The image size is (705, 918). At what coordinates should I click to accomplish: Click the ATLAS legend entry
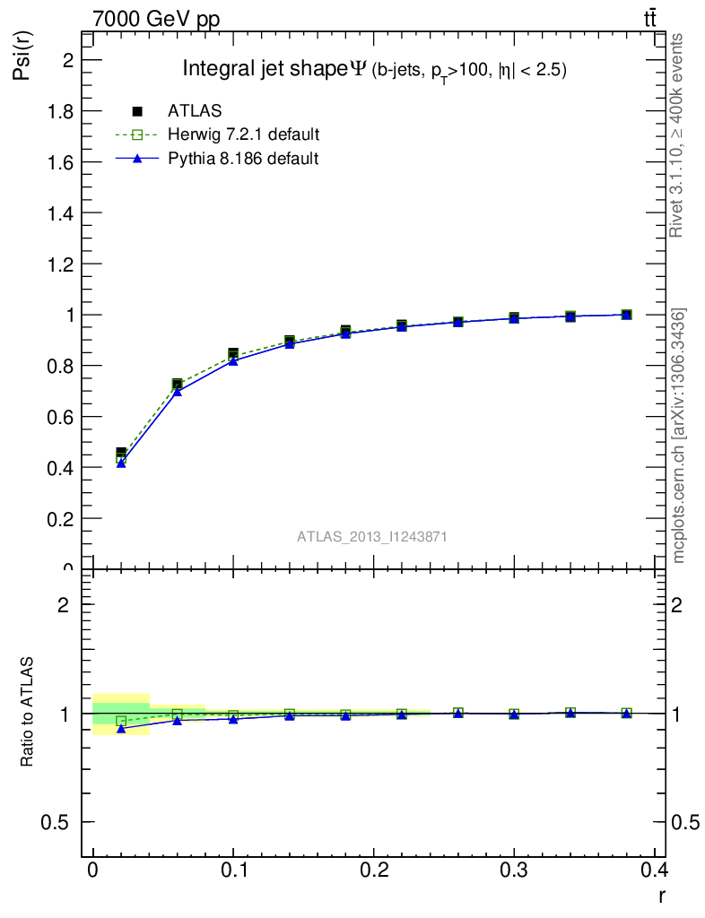pos(195,111)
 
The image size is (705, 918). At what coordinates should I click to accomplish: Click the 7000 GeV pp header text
pos(156,19)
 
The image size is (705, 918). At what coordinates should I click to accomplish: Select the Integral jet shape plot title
pos(374,69)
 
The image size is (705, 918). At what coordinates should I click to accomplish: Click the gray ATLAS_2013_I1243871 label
pos(372,536)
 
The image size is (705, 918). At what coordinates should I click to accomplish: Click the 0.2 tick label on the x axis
pos(373,870)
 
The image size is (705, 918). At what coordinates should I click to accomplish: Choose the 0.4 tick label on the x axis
pos(654,870)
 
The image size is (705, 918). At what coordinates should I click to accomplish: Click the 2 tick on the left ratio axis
pos(65,604)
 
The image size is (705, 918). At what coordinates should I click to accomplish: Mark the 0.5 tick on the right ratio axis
pos(684,822)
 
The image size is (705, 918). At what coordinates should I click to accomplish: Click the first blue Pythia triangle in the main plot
pos(121,463)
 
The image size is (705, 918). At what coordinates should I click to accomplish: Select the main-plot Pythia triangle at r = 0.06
pos(178,392)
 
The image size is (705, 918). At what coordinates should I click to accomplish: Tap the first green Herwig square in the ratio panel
pos(121,720)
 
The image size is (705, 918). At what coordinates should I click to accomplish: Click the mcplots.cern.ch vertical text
pos(679,436)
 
